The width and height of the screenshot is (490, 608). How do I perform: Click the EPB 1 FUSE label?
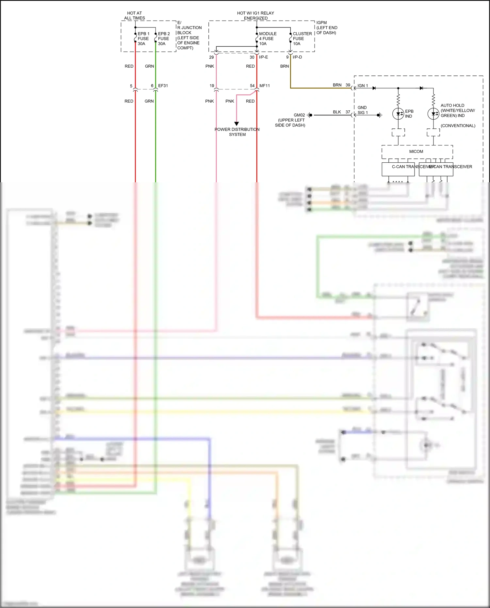tap(143, 39)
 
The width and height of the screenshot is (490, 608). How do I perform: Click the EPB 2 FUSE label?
tap(164, 39)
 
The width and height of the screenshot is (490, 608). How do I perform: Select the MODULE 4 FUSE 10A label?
tap(268, 39)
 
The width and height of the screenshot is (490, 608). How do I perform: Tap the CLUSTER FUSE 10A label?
tap(302, 39)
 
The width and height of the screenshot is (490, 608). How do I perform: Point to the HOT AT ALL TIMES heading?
tap(134, 15)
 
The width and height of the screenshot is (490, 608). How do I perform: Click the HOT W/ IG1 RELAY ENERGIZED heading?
tap(255, 15)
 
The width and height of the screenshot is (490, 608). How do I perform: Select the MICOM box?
tap(417, 152)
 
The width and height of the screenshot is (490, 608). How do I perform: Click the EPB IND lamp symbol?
tap(398, 114)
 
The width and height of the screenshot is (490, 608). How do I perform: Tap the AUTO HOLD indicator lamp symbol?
tap(433, 114)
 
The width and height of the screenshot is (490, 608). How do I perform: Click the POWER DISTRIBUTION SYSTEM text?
tap(237, 132)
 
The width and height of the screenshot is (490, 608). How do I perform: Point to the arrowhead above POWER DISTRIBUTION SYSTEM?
tap(237, 124)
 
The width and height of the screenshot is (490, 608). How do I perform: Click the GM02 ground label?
tap(299, 115)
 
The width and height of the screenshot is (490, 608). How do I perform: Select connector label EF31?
tap(163, 86)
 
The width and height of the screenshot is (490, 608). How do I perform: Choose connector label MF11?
tap(264, 86)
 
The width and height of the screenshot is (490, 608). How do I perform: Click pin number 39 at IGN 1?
tap(348, 85)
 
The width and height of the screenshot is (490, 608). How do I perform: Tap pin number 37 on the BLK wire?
tap(348, 112)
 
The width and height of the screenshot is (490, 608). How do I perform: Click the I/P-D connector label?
tap(297, 57)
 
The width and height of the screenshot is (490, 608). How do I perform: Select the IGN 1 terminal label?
tap(363, 86)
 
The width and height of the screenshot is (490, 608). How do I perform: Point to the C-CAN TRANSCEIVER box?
tap(398, 169)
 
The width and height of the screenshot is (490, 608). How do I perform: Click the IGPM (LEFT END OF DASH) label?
tap(326, 28)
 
